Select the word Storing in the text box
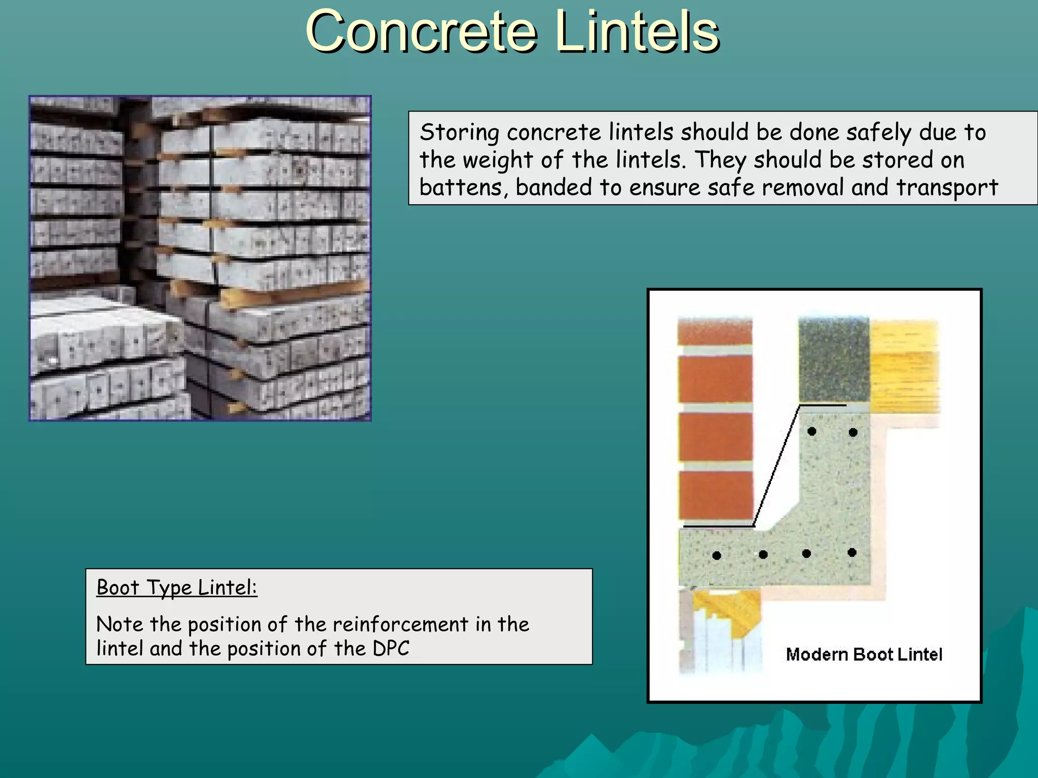pos(459,133)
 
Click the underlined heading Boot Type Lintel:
pos(176,588)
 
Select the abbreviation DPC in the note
pos(391,649)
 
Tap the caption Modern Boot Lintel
pos(864,654)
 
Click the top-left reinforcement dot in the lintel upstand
pos(812,432)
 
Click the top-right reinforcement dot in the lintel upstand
pos(853,432)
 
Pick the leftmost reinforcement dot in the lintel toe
pos(717,556)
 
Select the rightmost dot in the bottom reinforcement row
pos(852,553)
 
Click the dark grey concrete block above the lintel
pos(834,360)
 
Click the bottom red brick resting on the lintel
pos(716,495)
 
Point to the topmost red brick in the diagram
pos(715,332)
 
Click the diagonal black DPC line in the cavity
pos(776,466)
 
